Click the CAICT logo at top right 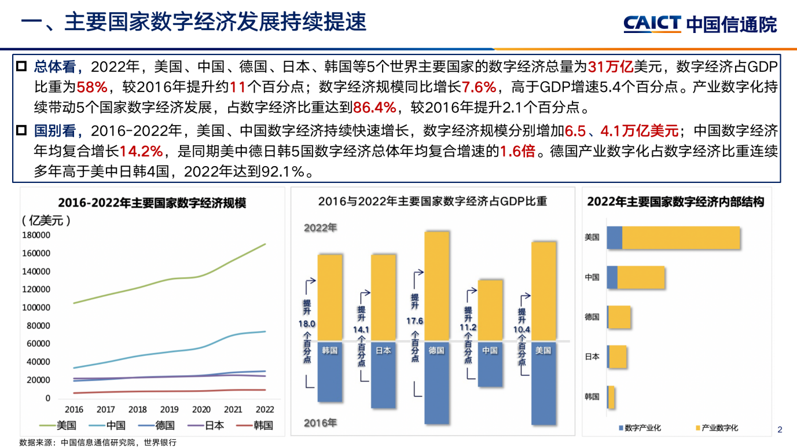pos(699,24)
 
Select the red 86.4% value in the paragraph pos(374,107)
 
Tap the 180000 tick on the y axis pos(36,235)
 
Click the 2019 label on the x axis pos(169,409)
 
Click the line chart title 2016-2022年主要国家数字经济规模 pos(152,203)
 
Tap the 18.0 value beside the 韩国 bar pos(307,324)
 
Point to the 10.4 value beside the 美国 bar pos(521,330)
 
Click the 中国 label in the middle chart pos(490,350)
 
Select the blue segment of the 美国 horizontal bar pos(614,238)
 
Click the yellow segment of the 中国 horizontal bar pos(641,277)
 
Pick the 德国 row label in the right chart pos(592,317)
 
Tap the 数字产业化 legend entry pos(639,428)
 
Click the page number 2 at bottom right pos(780,429)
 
